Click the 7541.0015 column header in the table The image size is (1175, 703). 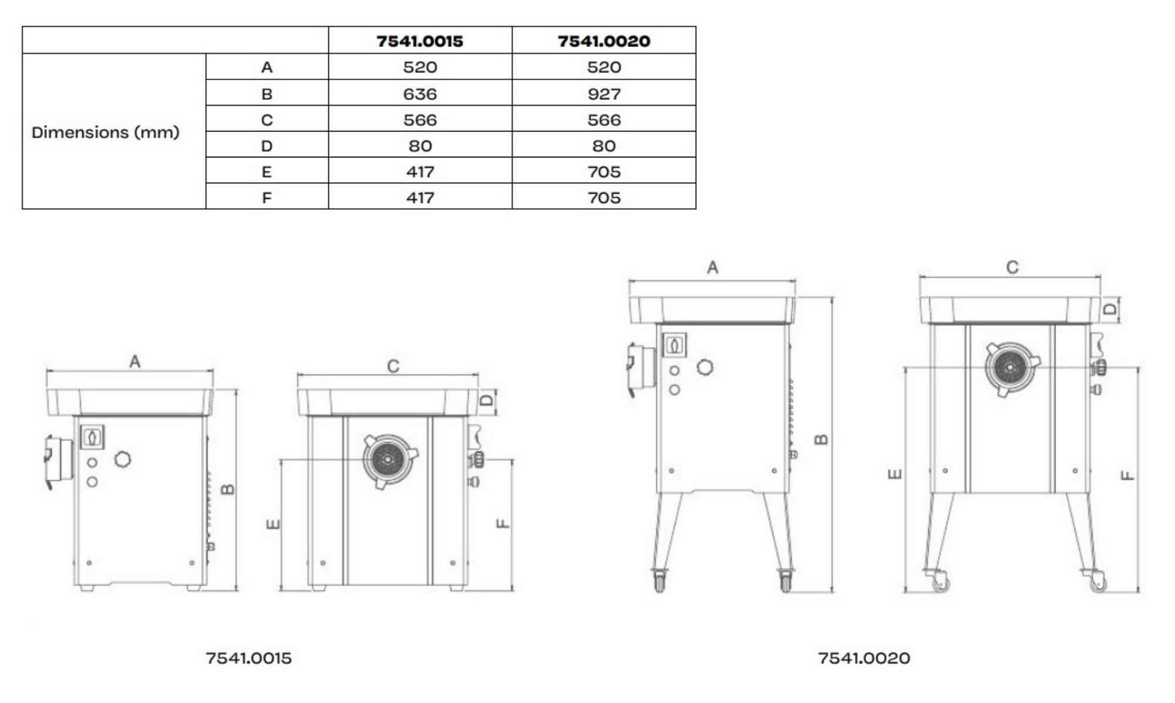pyautogui.click(x=419, y=41)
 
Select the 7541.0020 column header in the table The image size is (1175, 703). pyautogui.click(x=603, y=41)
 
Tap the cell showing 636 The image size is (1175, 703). pyautogui.click(x=419, y=94)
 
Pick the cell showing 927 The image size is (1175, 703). pyautogui.click(x=603, y=94)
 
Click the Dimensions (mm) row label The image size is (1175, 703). pyautogui.click(x=105, y=132)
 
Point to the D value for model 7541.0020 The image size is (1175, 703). pyautogui.click(x=603, y=146)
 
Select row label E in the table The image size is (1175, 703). pyautogui.click(x=266, y=172)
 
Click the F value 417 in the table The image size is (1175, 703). pyautogui.click(x=419, y=198)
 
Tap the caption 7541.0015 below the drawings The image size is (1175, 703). pyautogui.click(x=249, y=658)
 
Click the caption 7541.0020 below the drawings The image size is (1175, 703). pyautogui.click(x=864, y=658)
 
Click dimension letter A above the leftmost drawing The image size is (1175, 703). pyautogui.click(x=135, y=362)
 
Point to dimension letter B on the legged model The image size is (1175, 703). pyautogui.click(x=822, y=439)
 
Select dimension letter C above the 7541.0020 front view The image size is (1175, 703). pyautogui.click(x=1012, y=268)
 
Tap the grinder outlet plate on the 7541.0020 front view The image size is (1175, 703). pyautogui.click(x=1010, y=368)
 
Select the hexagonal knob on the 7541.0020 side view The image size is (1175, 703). pyautogui.click(x=704, y=368)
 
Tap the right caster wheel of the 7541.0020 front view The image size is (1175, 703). pyautogui.click(x=1097, y=583)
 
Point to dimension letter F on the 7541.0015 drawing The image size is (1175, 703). pyautogui.click(x=503, y=523)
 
